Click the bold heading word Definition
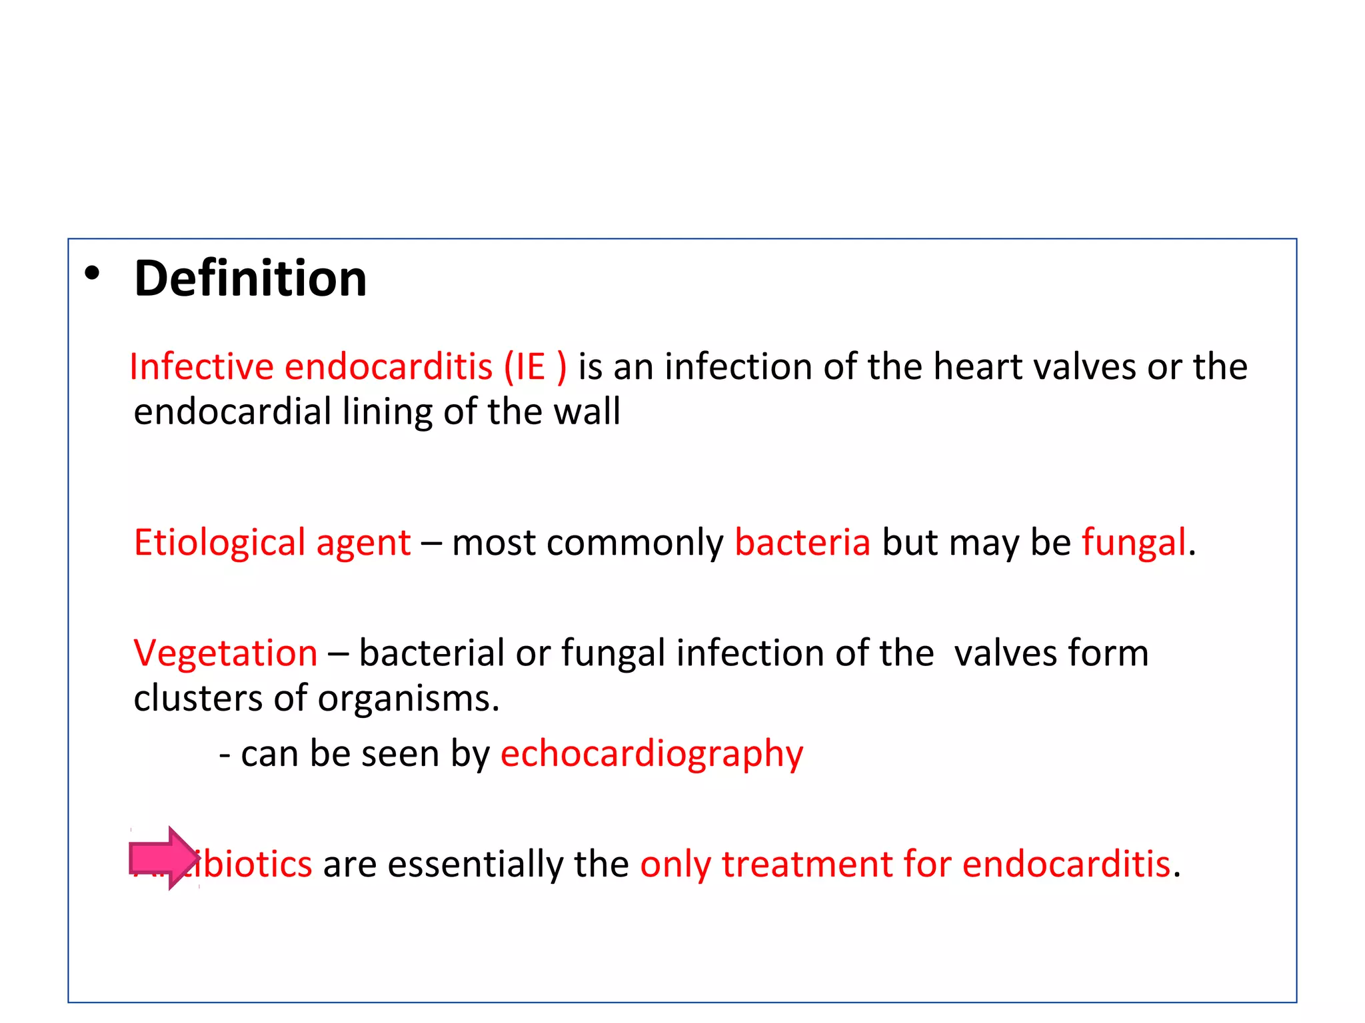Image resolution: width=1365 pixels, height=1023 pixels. click(x=250, y=278)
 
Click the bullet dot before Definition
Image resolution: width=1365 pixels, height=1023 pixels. click(x=92, y=272)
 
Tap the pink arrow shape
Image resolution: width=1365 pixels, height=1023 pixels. click(x=164, y=858)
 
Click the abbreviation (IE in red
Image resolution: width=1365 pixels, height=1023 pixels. click(x=525, y=367)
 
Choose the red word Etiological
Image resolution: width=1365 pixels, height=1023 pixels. click(x=219, y=543)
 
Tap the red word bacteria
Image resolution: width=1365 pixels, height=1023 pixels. click(x=802, y=543)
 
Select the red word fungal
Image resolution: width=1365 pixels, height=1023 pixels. click(x=1134, y=543)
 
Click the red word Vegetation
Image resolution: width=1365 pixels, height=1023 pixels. click(x=225, y=653)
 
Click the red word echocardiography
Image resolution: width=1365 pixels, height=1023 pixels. click(x=652, y=755)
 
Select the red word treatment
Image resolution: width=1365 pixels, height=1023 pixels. click(x=806, y=864)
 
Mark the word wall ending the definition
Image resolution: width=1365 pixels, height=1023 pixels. click(x=587, y=412)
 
